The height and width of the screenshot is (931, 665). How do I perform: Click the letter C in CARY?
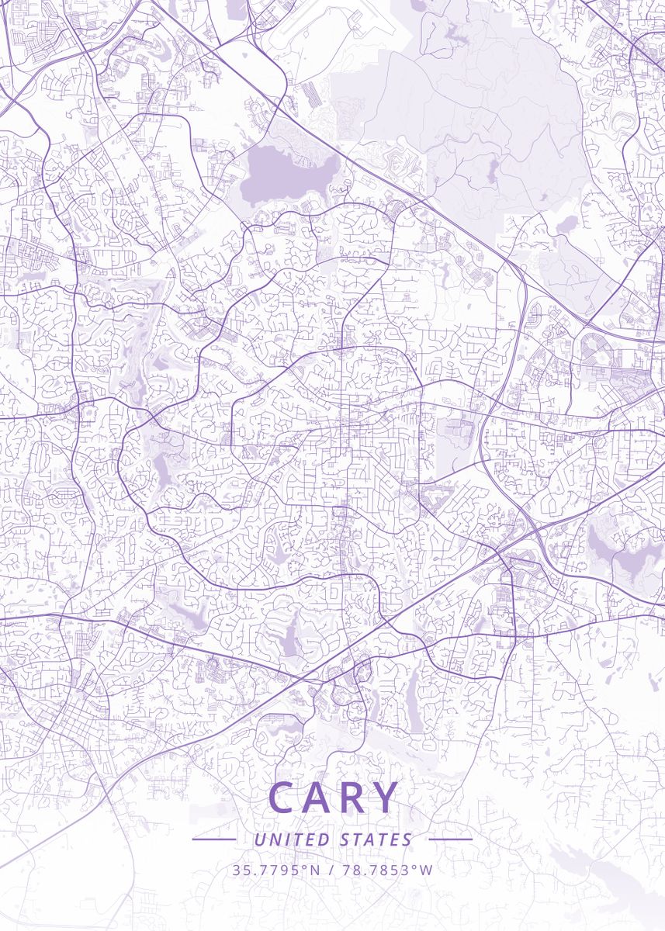tap(283, 798)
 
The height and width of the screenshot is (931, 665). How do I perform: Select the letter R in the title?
tap(355, 798)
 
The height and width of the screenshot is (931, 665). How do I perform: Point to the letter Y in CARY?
tap(386, 798)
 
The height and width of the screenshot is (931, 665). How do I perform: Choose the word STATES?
tap(376, 839)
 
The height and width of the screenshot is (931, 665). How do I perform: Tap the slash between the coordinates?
tap(331, 870)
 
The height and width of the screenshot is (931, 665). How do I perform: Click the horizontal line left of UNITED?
tap(214, 839)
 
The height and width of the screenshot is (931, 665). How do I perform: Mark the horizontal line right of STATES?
tap(450, 839)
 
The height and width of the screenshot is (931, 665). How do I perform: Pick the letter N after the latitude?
tap(315, 870)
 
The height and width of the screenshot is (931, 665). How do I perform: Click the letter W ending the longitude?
tap(428, 870)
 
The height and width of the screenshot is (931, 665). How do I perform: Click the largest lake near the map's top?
tap(286, 175)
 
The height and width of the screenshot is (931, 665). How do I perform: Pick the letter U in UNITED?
tap(259, 839)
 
